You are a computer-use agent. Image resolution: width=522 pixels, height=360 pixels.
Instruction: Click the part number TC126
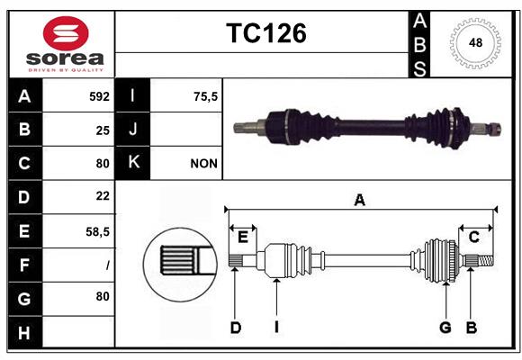click(x=265, y=33)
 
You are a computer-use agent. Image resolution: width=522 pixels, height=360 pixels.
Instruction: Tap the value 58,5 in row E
click(x=98, y=231)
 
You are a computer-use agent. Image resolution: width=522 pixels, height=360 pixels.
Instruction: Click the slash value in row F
click(x=107, y=265)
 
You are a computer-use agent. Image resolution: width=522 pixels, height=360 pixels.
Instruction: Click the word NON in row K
click(x=203, y=164)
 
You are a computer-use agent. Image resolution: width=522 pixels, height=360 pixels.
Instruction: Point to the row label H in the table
click(x=23, y=333)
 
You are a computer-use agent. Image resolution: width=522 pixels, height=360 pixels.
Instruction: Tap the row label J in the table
click(x=133, y=130)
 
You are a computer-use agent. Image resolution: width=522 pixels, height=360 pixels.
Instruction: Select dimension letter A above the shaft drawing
click(x=359, y=200)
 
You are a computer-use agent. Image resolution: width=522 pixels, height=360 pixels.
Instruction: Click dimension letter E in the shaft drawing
click(x=243, y=237)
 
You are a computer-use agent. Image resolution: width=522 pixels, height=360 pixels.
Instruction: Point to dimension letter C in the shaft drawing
click(x=473, y=237)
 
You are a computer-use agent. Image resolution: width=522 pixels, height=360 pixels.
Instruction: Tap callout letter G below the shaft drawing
click(x=445, y=328)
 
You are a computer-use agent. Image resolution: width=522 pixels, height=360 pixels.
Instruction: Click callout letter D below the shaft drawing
click(x=235, y=328)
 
